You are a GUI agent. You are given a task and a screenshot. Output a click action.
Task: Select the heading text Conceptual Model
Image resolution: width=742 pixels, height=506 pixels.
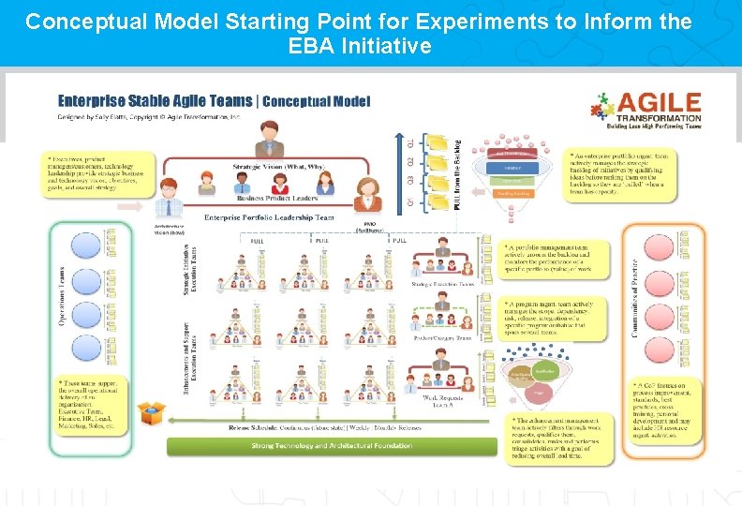pyautogui.click(x=317, y=100)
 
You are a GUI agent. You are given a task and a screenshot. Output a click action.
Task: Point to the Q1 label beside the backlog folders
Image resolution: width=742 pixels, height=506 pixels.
pyautogui.click(x=409, y=142)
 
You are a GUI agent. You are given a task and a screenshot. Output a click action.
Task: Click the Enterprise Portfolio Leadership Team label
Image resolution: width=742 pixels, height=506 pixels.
pyautogui.click(x=269, y=217)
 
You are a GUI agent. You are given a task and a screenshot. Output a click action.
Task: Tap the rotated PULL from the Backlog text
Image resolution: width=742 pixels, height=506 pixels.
pyautogui.click(x=457, y=174)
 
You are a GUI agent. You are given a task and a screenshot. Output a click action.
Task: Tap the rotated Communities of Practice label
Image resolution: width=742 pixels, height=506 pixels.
pyautogui.click(x=636, y=298)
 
